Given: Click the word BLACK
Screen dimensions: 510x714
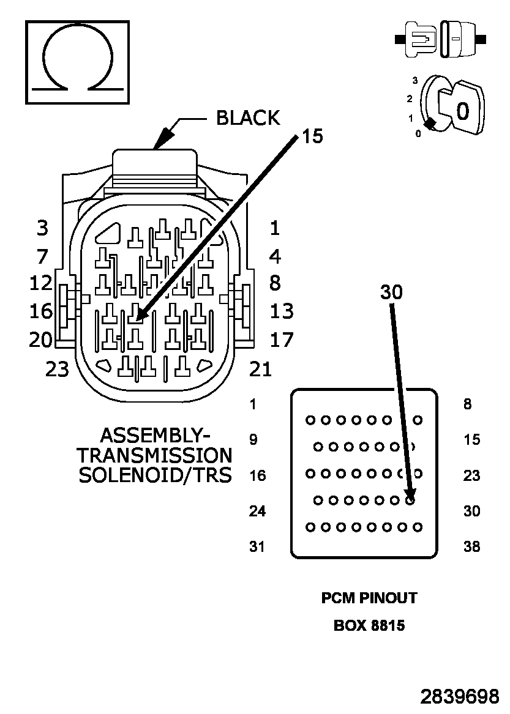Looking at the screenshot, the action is tap(248, 118).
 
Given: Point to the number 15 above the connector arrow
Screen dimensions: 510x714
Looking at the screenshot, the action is tap(313, 136).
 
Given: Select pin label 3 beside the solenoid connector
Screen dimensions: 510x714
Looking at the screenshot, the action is tap(42, 228).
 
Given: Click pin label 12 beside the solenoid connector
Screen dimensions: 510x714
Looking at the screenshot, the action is tap(41, 283).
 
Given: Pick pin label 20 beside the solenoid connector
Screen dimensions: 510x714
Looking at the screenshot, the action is tap(41, 340).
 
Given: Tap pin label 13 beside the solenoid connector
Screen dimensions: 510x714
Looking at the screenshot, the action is tap(282, 311).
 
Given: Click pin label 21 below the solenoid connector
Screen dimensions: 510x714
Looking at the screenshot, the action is tap(260, 370).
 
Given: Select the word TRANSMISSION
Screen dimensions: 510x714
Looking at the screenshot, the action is tap(155, 455).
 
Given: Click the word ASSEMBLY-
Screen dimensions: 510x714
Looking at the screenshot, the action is tap(155, 436).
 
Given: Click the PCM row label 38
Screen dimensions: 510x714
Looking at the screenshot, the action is tap(471, 546).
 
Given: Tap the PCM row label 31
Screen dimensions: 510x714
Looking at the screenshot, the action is tap(257, 546).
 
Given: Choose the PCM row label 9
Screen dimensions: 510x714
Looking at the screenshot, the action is tap(253, 440).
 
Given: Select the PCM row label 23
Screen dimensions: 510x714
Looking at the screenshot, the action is tap(471, 475).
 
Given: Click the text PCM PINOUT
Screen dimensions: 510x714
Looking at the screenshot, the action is tap(369, 598).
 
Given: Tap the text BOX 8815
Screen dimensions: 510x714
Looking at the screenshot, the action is tap(369, 626).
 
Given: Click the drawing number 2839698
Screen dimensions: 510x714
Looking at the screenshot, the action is tap(459, 697).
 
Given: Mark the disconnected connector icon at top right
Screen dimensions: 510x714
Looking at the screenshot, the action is tap(440, 39).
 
